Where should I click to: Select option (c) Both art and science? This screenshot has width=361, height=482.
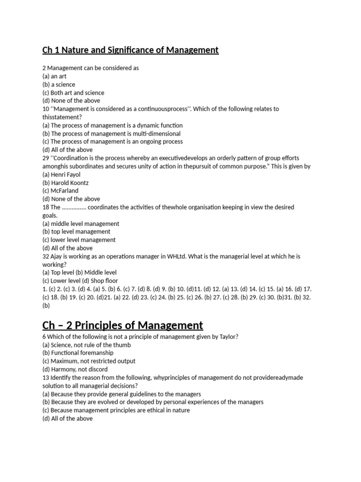click(x=73, y=93)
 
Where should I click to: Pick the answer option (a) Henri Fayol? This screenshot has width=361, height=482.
click(x=62, y=174)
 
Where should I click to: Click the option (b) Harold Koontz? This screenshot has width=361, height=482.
click(x=65, y=183)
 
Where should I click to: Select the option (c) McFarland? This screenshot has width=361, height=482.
click(x=61, y=191)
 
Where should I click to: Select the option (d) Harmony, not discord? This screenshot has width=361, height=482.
click(x=75, y=370)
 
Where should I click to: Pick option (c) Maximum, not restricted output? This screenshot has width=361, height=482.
click(x=89, y=361)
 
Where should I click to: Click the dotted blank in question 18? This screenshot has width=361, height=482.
click(x=74, y=207)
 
